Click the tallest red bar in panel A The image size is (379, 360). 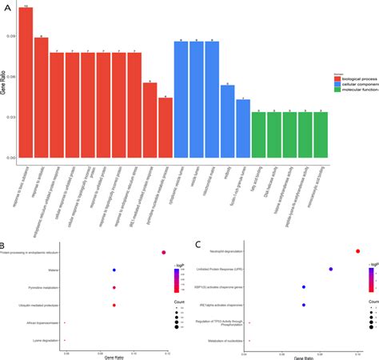[26, 80]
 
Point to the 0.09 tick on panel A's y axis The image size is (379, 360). [11, 37]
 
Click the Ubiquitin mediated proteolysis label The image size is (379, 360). [38, 305]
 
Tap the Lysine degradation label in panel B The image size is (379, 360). [46, 341]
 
